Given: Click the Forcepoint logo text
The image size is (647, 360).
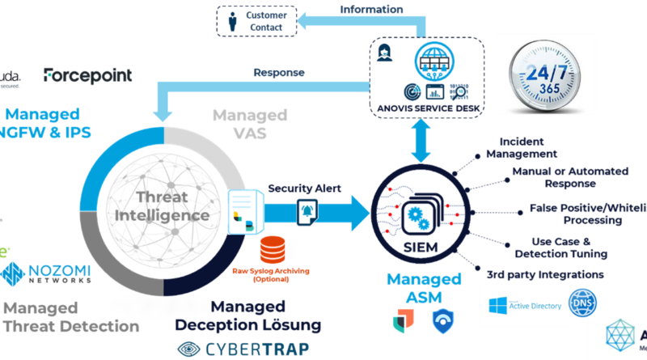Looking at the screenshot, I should (x=87, y=76).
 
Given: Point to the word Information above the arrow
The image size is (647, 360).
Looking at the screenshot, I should (x=373, y=10).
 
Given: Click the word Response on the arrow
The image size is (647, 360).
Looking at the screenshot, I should (x=279, y=72).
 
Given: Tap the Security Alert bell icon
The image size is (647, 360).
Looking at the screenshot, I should (x=307, y=210).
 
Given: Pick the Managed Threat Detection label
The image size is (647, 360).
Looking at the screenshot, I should (x=69, y=316).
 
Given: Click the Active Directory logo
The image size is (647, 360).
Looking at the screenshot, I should (x=522, y=305).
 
